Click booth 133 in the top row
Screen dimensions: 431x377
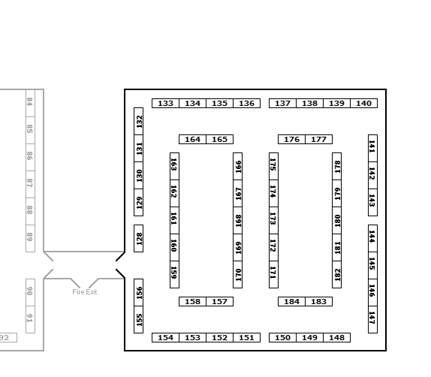165,104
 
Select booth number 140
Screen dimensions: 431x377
364,104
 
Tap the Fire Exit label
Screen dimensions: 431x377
85,292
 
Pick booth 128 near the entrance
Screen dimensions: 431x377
138,238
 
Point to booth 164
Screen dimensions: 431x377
192,140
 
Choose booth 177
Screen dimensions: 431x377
319,140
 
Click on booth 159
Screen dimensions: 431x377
174,274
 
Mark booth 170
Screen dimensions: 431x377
238,274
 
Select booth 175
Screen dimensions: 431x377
273,167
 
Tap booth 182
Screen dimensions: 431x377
337,274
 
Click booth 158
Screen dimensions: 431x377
192,302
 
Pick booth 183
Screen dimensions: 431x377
319,302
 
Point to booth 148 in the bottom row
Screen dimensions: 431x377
336,338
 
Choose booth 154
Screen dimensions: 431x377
165,338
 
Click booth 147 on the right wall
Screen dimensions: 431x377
372,319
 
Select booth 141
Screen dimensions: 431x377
372,148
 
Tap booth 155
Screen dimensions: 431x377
138,319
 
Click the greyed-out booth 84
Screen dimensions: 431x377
30,103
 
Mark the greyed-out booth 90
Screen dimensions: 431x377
30,292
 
